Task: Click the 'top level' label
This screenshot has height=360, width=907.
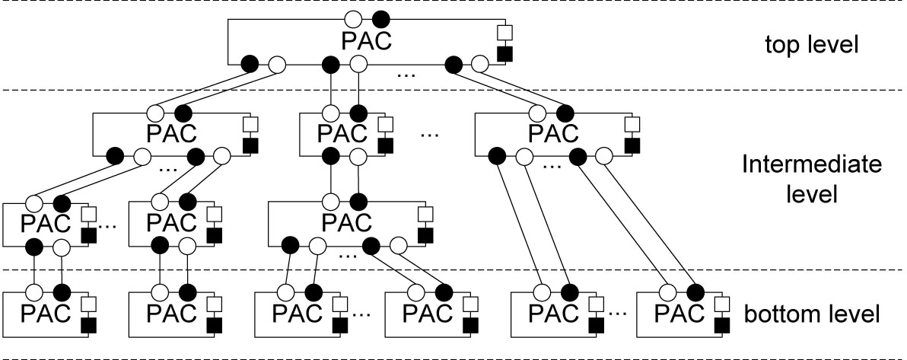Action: pyautogui.click(x=811, y=44)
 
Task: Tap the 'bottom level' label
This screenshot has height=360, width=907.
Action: pyautogui.click(x=811, y=314)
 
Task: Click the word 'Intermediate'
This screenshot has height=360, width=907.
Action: pyautogui.click(x=812, y=165)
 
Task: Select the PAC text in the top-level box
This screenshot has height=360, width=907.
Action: pyautogui.click(x=367, y=41)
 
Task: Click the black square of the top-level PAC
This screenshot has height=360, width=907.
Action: pyautogui.click(x=505, y=54)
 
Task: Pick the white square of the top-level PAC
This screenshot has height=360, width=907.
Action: pyautogui.click(x=505, y=33)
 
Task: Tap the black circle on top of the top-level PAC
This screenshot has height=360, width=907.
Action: pyautogui.click(x=381, y=20)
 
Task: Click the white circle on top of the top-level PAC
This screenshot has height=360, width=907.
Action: pyautogui.click(x=352, y=20)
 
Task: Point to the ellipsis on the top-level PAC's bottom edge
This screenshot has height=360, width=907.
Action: pyautogui.click(x=406, y=74)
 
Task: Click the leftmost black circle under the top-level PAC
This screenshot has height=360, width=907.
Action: pyautogui.click(x=250, y=64)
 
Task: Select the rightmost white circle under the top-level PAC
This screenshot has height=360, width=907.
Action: pyautogui.click(x=480, y=64)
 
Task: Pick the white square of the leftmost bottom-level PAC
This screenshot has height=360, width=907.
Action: pyautogui.click(x=88, y=304)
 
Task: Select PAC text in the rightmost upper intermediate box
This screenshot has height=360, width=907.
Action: pyautogui.click(x=553, y=133)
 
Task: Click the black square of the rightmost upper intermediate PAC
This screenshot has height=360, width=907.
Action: pyautogui.click(x=632, y=145)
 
